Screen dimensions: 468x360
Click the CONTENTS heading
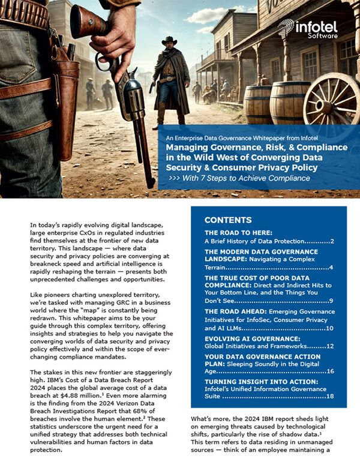pos(227,220)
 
